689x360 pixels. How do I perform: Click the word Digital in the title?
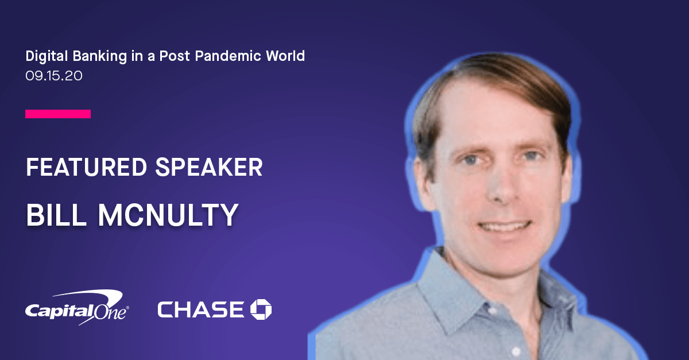click(47, 56)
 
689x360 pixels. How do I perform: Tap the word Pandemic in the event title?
click(228, 56)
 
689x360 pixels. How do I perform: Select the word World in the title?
click(285, 56)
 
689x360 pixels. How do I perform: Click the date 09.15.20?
click(54, 76)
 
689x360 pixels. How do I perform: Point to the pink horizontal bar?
click(58, 114)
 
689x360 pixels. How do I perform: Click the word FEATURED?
click(87, 167)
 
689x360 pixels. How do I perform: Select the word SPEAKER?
click(209, 167)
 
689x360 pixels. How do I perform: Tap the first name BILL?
click(56, 215)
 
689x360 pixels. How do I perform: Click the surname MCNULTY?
click(168, 215)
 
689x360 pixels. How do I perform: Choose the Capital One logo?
click(77, 307)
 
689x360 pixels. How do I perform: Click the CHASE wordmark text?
click(201, 309)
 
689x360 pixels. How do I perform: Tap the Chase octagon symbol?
click(261, 309)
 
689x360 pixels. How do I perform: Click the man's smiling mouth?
click(505, 227)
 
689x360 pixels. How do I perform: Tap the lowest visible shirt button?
click(516, 351)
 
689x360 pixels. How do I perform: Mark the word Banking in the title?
click(100, 56)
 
